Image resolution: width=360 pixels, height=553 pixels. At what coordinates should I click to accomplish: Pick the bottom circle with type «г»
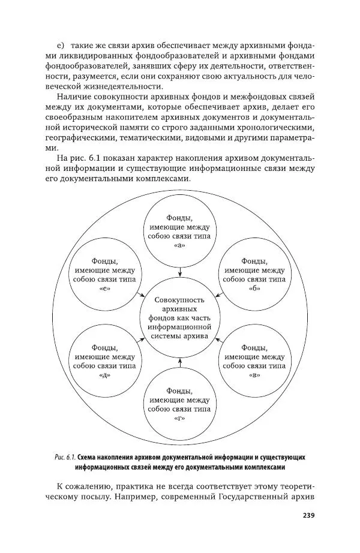tap(180, 402)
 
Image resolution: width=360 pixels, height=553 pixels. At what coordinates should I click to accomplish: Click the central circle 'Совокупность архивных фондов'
tap(180, 318)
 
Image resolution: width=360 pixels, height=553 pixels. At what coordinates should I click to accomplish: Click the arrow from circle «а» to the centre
tap(180, 272)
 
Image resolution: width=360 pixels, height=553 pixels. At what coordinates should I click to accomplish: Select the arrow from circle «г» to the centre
tap(180, 362)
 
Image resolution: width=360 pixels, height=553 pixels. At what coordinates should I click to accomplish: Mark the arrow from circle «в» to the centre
tap(220, 340)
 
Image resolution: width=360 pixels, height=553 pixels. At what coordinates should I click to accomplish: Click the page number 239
tap(307, 515)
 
